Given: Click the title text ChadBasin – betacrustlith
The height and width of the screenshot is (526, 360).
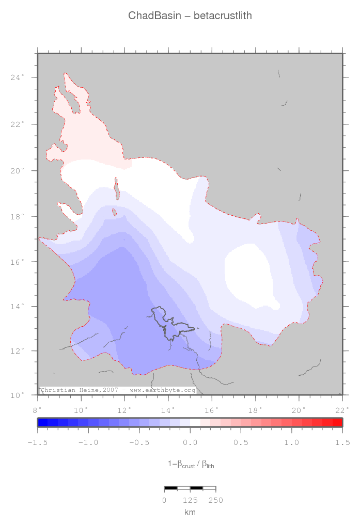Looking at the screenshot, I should (190, 16).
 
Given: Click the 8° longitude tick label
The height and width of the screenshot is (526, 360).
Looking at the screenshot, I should (38, 410).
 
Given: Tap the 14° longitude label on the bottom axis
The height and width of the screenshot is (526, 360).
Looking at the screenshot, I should (168, 410).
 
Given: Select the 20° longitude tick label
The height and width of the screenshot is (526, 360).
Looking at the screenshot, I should (299, 410).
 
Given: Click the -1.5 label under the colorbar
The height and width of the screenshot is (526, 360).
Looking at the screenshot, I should (37, 442).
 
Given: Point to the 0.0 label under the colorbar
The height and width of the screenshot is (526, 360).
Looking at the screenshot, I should (190, 442).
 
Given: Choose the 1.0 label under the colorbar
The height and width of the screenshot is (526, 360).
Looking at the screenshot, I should (292, 442).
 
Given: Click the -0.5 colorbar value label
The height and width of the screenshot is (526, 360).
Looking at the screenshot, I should (138, 442).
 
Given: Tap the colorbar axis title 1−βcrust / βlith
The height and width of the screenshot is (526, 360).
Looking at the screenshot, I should (191, 465).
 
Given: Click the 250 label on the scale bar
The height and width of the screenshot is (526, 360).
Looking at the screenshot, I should (215, 500).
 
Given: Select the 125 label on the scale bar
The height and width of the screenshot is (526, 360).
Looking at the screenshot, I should (190, 500).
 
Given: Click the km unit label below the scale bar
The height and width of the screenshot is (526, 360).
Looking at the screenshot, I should (190, 512).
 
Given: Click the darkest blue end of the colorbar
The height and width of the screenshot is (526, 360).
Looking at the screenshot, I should (42, 422).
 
